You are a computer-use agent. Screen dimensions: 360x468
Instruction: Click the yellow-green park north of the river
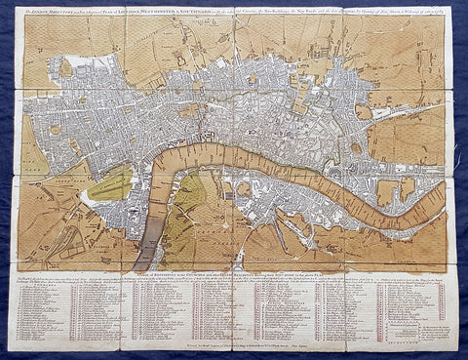(x=111, y=184)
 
